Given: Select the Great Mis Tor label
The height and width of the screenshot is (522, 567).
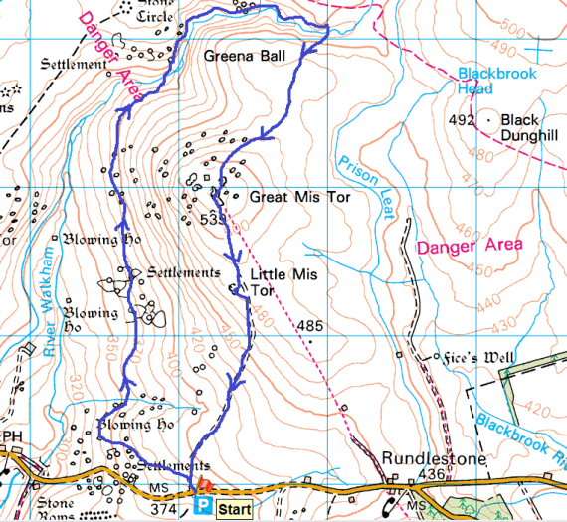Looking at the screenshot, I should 299,198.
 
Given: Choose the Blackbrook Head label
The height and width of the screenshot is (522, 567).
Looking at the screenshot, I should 496,81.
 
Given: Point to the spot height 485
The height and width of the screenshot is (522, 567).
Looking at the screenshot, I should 309,326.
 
